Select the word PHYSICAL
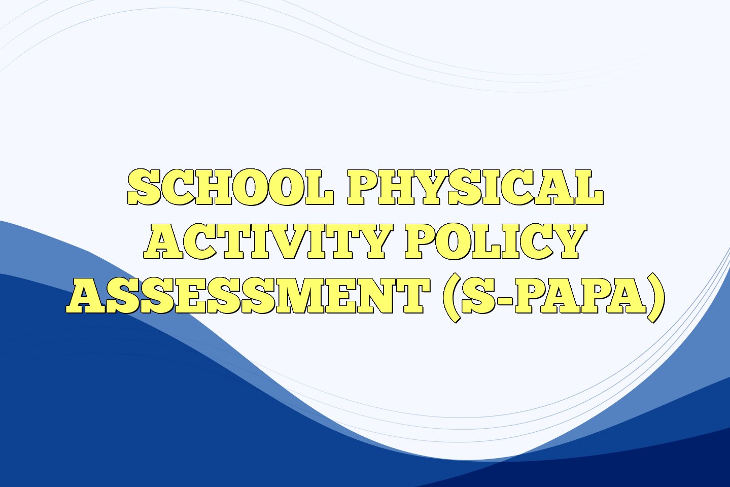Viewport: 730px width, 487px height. coord(475,187)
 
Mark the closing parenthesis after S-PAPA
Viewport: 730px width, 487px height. coord(655,296)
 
